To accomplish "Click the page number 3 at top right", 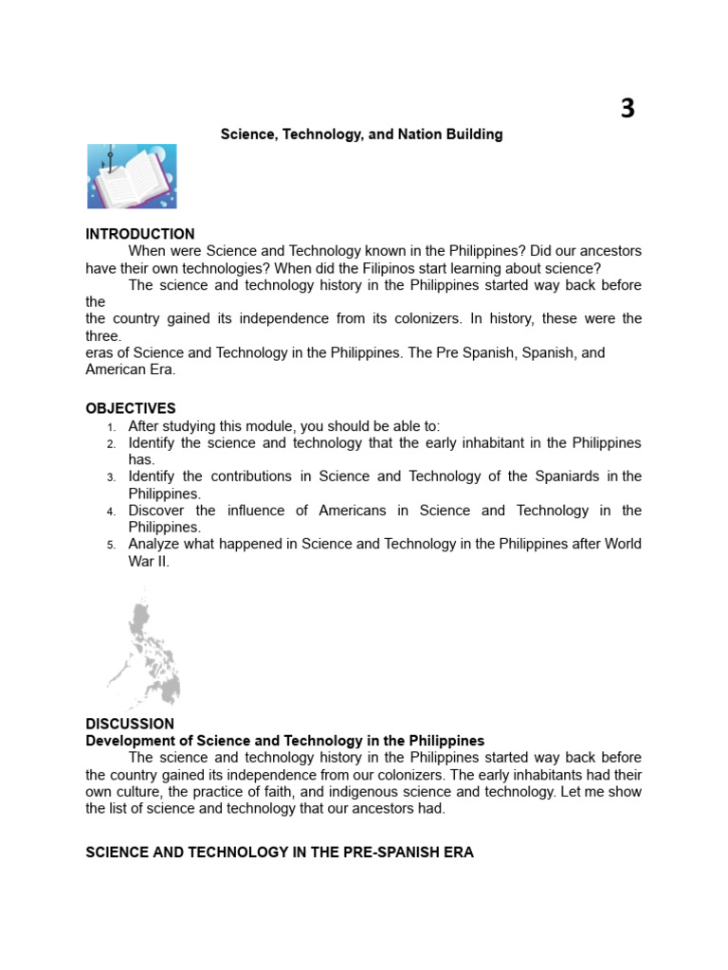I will click(x=628, y=110).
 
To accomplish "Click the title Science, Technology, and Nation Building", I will click(x=361, y=135).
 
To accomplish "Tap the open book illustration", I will click(x=132, y=177).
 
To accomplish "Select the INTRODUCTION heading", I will click(x=140, y=234).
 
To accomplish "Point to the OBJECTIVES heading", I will click(x=131, y=408).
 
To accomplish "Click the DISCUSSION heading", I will click(x=130, y=724).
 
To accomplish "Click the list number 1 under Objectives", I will click(x=112, y=427).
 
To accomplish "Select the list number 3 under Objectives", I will click(x=112, y=477).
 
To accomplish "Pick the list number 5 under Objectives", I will click(x=112, y=545).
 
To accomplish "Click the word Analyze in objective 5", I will click(x=155, y=544).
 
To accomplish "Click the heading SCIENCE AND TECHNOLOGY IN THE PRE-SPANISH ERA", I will click(x=280, y=853).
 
